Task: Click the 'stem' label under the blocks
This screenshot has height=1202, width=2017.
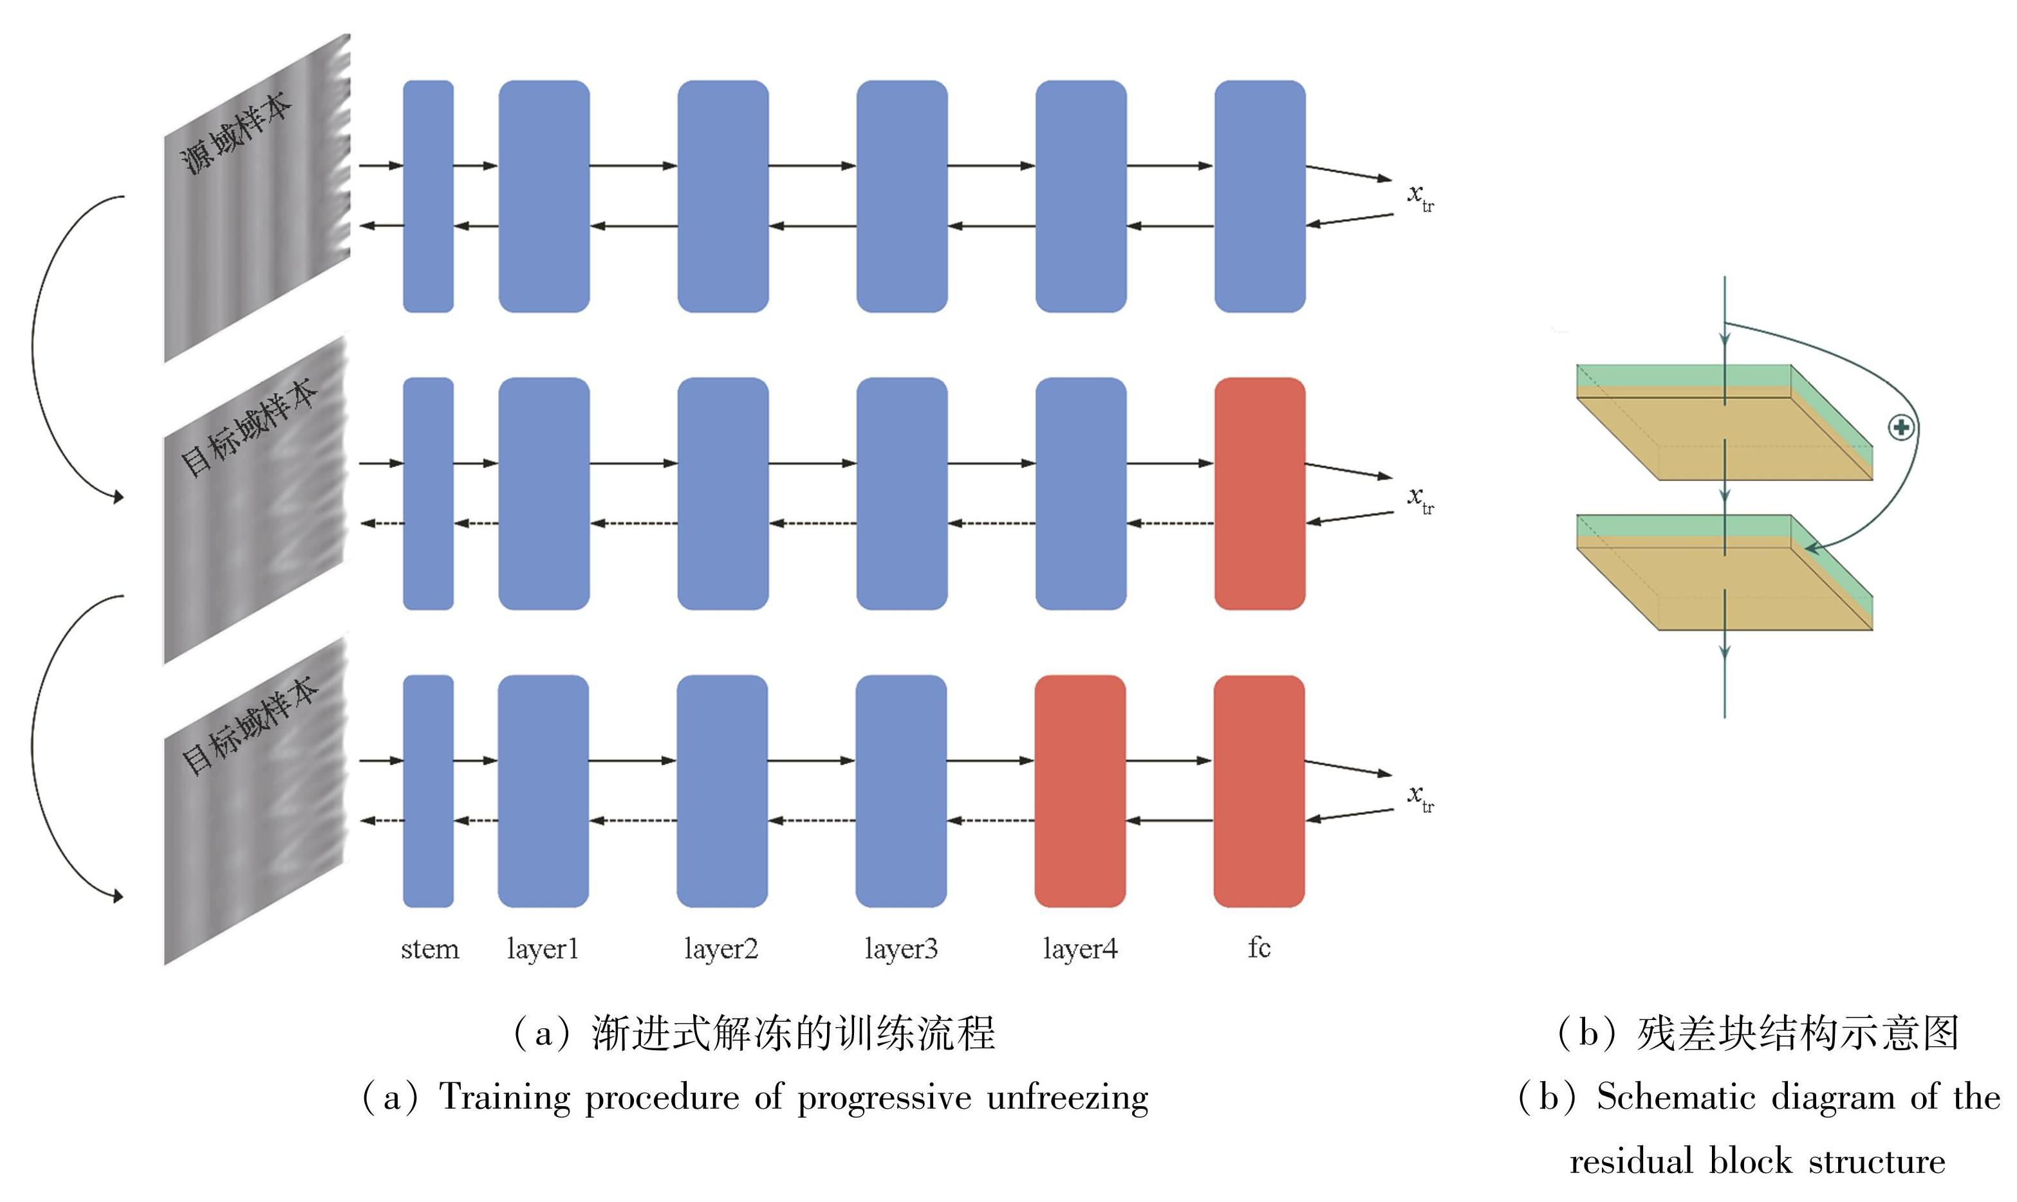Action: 429,949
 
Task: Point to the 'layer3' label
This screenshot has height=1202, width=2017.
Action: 901,949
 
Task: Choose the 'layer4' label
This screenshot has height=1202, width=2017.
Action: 1080,949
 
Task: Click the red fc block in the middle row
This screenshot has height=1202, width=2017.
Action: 1259,493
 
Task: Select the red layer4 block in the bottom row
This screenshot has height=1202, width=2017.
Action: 1080,791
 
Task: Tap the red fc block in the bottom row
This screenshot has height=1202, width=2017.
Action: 1258,791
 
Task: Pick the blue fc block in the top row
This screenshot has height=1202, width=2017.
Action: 1259,196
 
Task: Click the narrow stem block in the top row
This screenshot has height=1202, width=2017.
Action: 428,196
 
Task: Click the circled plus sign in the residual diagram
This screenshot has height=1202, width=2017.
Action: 1901,427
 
